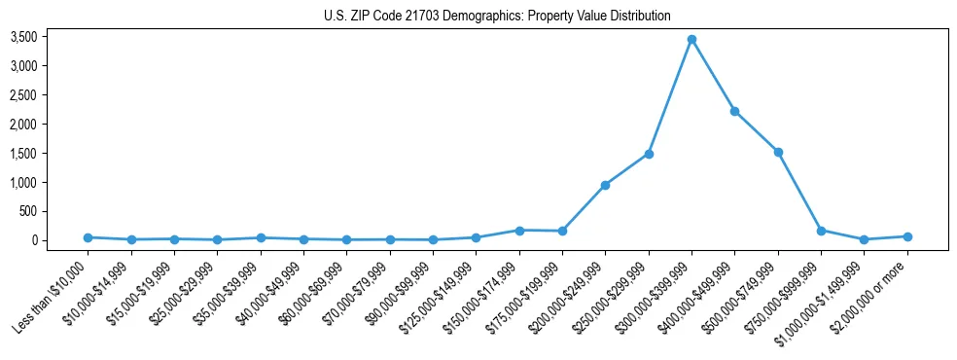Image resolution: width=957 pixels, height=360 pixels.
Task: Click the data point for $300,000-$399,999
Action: [x=691, y=40]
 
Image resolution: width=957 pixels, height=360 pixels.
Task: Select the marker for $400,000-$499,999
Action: [x=734, y=111]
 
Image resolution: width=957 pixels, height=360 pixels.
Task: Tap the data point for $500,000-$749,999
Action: [x=778, y=152]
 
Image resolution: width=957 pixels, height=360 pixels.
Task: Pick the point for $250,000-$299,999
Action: [x=649, y=154]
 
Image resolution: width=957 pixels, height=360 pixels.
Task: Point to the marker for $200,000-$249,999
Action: [x=605, y=185]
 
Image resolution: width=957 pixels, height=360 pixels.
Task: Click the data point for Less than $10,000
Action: [x=88, y=237]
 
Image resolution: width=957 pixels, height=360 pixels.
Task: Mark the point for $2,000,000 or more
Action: [x=907, y=236]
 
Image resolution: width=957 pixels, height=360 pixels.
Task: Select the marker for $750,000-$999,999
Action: [x=821, y=231]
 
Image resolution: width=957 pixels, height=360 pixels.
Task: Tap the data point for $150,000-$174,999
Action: [x=519, y=231]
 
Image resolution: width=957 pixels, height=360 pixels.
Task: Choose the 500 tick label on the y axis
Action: [x=56, y=211]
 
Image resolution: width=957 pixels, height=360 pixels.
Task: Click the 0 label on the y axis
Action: [x=61, y=240]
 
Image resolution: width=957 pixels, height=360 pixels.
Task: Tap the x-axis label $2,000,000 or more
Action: [x=870, y=292]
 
